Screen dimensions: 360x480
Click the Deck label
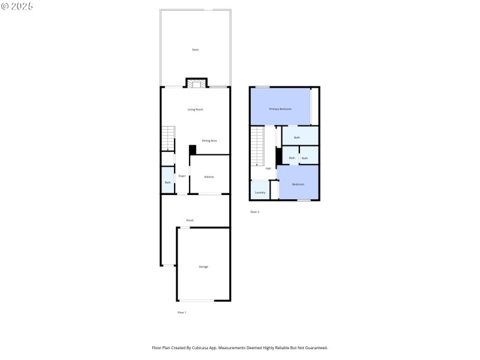pyautogui.click(x=195, y=50)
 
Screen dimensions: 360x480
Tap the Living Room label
pyautogui.click(x=195, y=109)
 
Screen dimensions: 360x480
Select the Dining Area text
pyautogui.click(x=209, y=140)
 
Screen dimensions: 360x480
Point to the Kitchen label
pyautogui.click(x=209, y=176)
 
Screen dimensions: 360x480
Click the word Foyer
pyautogui.click(x=182, y=176)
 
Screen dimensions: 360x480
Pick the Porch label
pyautogui.click(x=190, y=220)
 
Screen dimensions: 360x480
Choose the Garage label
pyautogui.click(x=203, y=266)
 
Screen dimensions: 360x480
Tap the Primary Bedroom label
pyautogui.click(x=280, y=109)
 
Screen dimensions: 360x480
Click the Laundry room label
pyautogui.click(x=260, y=193)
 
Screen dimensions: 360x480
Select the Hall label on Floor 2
pyautogui.click(x=268, y=169)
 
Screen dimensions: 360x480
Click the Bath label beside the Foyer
pyautogui.click(x=167, y=182)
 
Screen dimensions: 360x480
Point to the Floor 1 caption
pyautogui.click(x=182, y=313)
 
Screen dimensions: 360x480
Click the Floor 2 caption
pyautogui.click(x=254, y=212)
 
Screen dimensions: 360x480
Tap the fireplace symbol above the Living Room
pyautogui.click(x=196, y=84)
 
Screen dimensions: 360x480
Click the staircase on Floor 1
pyautogui.click(x=167, y=139)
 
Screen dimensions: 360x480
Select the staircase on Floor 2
pyautogui.click(x=257, y=146)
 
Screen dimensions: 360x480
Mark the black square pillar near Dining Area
pyautogui.click(x=193, y=150)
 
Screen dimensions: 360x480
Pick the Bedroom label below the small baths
pyautogui.click(x=298, y=184)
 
